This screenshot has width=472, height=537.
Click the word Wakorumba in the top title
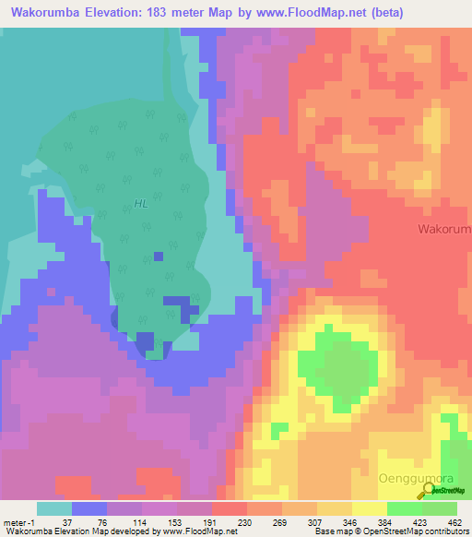click(x=41, y=13)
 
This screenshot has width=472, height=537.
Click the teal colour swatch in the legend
click(x=53, y=508)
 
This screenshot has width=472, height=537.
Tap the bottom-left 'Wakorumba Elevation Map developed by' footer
click(x=78, y=531)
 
